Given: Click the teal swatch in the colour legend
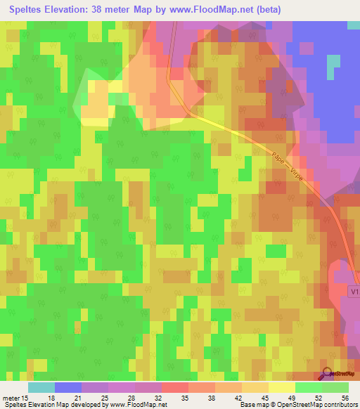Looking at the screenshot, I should (41, 388).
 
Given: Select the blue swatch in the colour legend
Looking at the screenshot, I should (68, 388).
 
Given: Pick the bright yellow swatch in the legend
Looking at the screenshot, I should (281, 388).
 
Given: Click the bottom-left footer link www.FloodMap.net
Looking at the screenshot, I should (139, 404).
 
